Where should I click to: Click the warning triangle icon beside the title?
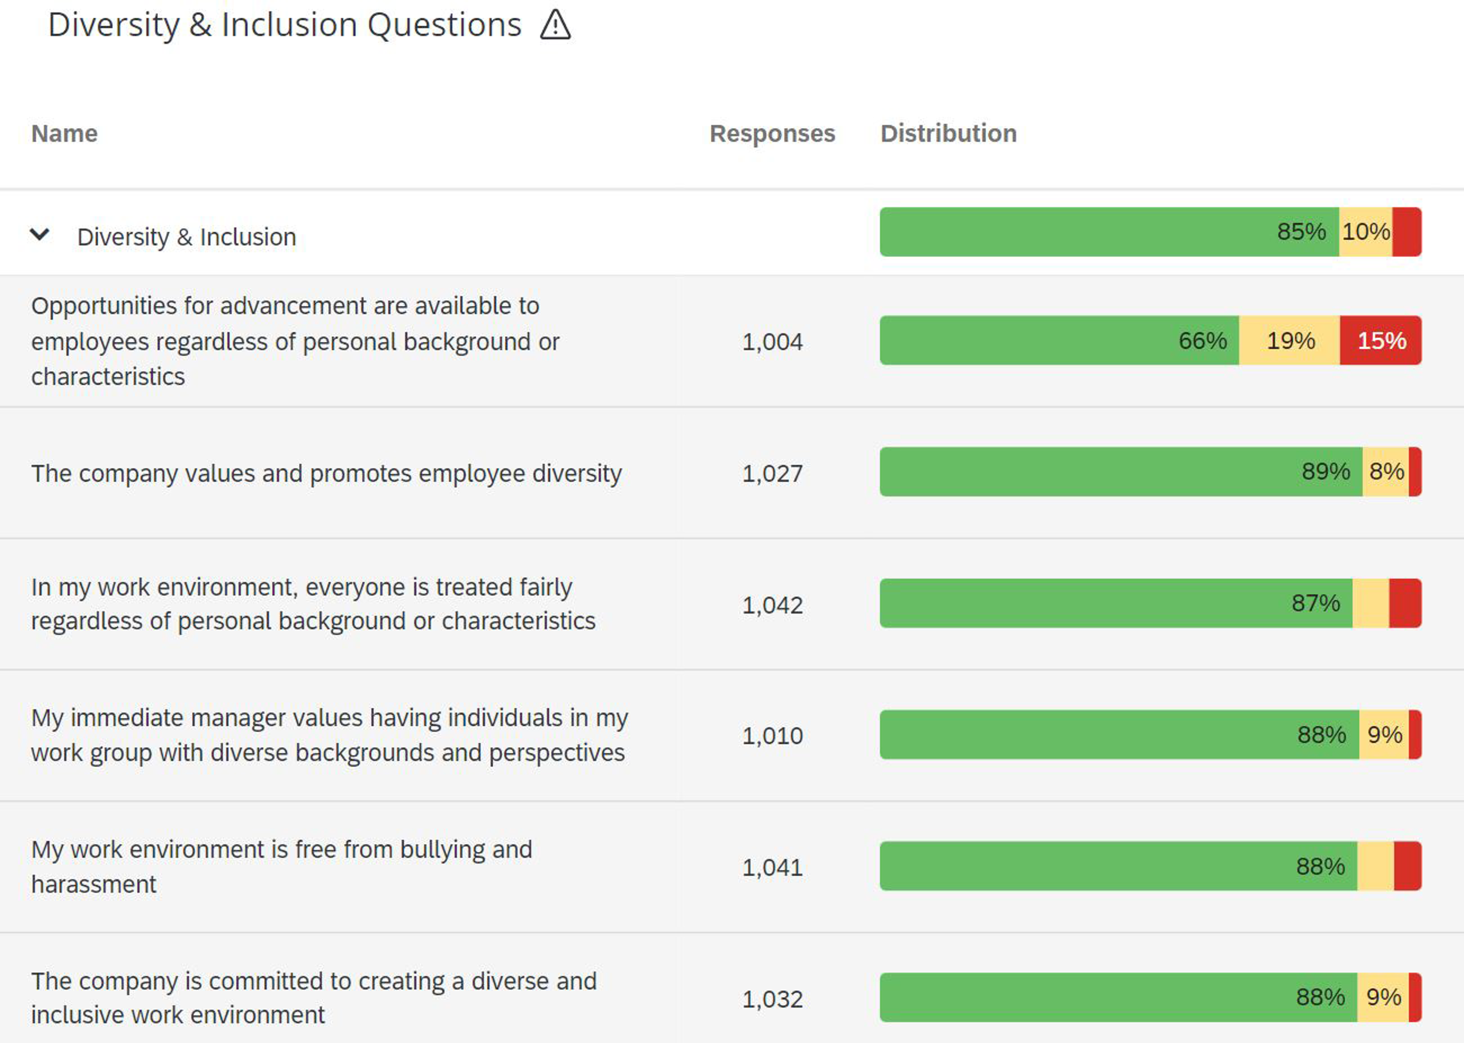[x=555, y=26]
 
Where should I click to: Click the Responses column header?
[x=772, y=134]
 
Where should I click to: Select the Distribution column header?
[x=948, y=134]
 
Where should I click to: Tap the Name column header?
[x=64, y=134]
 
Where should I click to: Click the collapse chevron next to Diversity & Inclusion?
[x=40, y=235]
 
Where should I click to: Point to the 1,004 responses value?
[x=772, y=342]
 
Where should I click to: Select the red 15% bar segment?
[x=1381, y=340]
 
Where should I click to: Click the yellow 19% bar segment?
[x=1290, y=340]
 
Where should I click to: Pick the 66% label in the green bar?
[x=1202, y=340]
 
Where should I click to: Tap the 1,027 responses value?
[x=772, y=473]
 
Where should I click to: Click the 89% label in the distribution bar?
[x=1325, y=471]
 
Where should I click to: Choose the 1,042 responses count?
[x=772, y=605]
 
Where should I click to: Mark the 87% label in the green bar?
[x=1315, y=603]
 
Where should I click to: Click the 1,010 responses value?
[x=772, y=735]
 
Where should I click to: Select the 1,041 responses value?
[x=772, y=867]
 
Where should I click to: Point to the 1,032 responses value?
[x=772, y=1000]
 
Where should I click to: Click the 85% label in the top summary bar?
[x=1301, y=232]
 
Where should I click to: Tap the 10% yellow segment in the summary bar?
[x=1366, y=232]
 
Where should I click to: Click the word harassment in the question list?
[x=94, y=885]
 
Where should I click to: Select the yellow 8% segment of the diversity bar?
[x=1386, y=471]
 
